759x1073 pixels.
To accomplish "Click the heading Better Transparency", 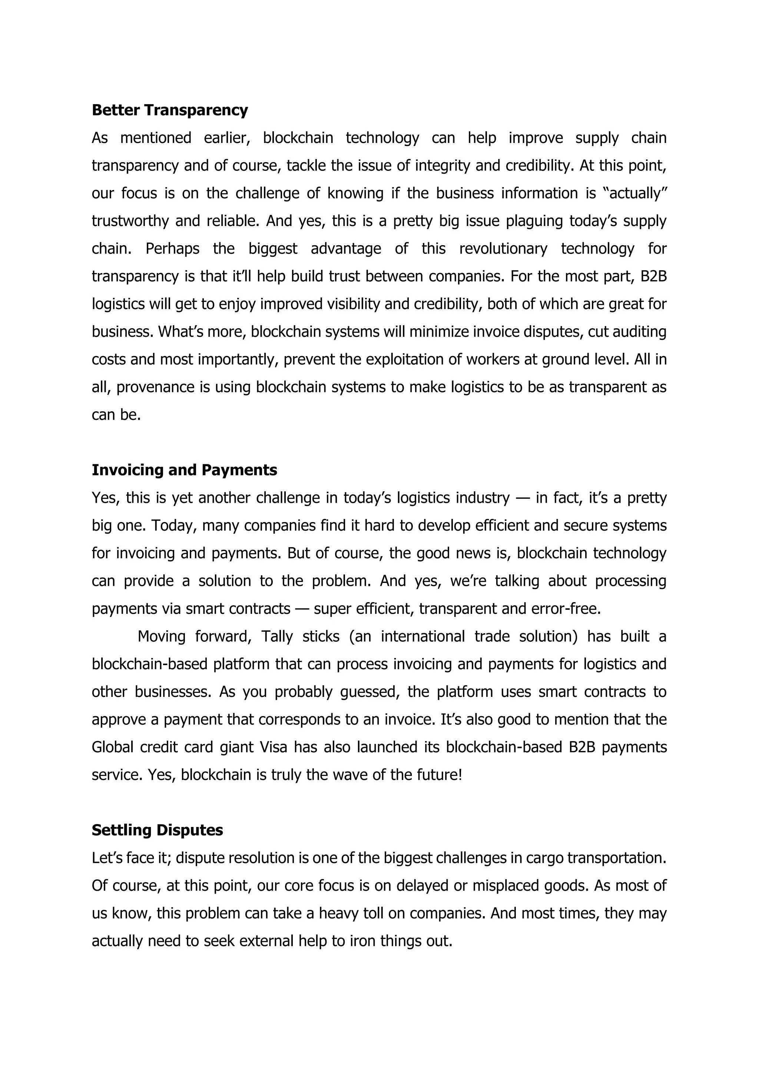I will coord(170,110).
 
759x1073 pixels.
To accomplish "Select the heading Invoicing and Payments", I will coord(184,470).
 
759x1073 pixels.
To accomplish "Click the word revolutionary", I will coord(503,249).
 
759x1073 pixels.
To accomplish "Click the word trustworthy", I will coord(130,221).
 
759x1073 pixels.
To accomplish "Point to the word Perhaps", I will coord(172,249).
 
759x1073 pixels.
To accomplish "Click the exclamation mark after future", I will coord(460,775).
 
